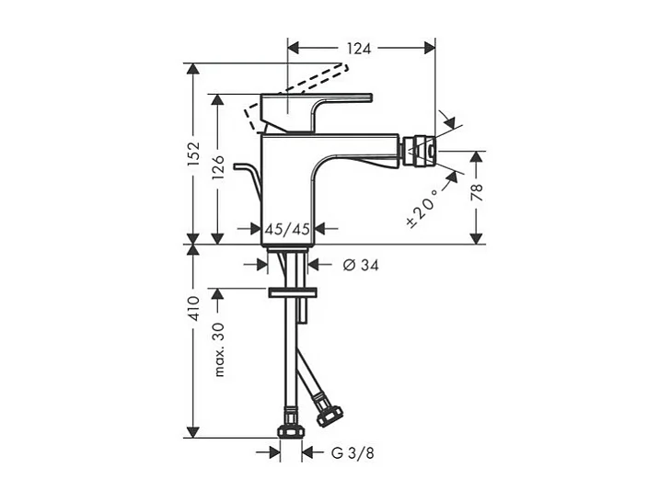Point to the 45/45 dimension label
(287, 229)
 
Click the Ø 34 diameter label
(361, 265)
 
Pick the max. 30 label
(220, 348)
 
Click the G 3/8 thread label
(353, 452)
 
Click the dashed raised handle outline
(304, 80)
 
